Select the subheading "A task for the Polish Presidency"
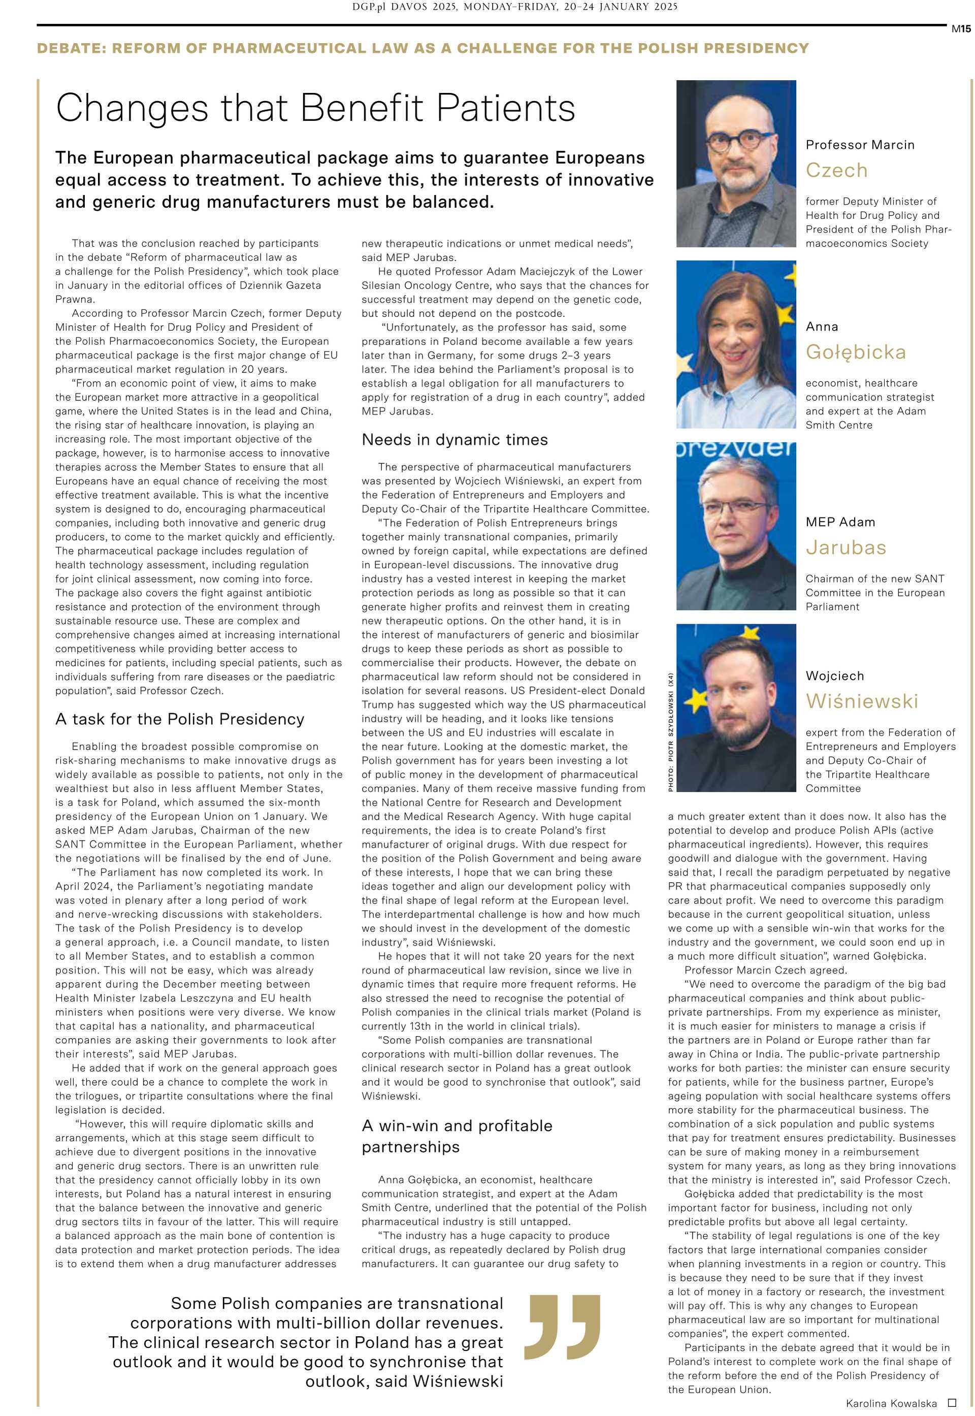pos(180,719)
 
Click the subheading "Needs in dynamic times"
pos(454,440)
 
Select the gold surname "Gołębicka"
pos(855,352)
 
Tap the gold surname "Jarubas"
pos(846,548)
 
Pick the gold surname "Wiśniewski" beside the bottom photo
pos(861,701)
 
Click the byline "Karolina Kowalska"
pos(891,1403)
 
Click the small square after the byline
pos(951,1403)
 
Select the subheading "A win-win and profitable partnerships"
pos(457,1136)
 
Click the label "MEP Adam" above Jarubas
pos(840,522)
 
